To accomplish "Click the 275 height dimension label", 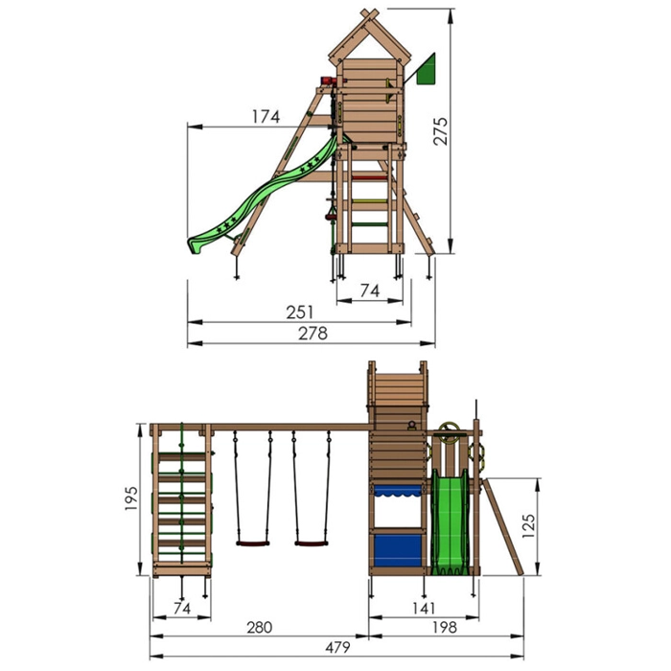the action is (x=441, y=131).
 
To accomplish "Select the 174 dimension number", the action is (x=266, y=117).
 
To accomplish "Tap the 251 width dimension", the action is (x=299, y=312).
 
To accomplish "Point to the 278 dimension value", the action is (x=312, y=334).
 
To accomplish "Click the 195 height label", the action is (x=131, y=498).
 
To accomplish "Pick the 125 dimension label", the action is (x=529, y=526).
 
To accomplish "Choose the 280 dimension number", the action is (x=260, y=627).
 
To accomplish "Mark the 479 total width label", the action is (x=337, y=647).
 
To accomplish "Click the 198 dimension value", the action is (x=445, y=627).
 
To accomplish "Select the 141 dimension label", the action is (x=424, y=608).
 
